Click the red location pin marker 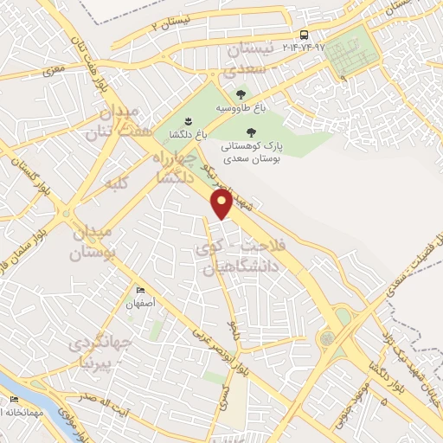(221, 204)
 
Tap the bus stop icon (304, 35)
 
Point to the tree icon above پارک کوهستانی (252, 133)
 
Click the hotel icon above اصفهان (138, 291)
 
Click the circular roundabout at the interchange (328, 339)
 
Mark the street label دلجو (232, 330)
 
